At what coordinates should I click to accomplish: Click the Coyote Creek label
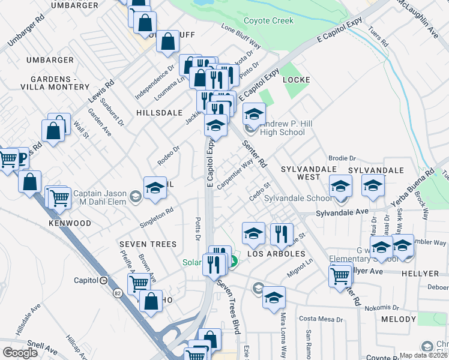tap(268, 20)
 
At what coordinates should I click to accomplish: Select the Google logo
tap(20, 352)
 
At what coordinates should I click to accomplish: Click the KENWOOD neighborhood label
tap(70, 223)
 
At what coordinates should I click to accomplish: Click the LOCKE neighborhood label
tap(296, 80)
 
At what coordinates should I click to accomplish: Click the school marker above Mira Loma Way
tap(274, 296)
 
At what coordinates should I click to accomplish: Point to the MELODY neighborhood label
tap(398, 320)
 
